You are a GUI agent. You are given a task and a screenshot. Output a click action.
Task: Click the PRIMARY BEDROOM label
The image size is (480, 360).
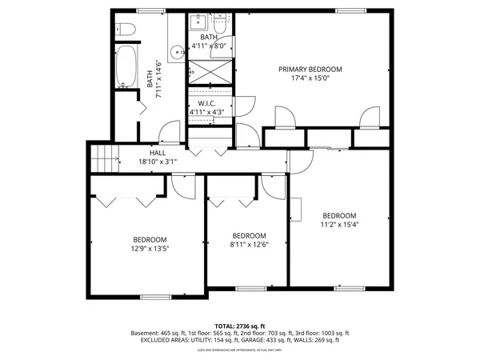click(310, 70)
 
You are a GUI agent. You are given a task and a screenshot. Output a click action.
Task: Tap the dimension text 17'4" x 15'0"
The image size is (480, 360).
click(310, 78)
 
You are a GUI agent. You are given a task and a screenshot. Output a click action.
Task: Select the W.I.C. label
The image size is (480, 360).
click(206, 104)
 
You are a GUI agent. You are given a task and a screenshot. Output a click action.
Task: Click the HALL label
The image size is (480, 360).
click(157, 152)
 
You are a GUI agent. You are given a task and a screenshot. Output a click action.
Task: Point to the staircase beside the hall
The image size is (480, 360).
click(103, 159)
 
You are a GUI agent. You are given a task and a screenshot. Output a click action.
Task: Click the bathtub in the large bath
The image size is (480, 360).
click(126, 68)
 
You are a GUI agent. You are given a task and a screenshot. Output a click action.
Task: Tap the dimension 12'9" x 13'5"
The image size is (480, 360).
click(150, 249)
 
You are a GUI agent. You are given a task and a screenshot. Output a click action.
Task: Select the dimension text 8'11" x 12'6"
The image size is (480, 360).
click(249, 245)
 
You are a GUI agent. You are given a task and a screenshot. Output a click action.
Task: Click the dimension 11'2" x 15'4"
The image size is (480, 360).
click(339, 225)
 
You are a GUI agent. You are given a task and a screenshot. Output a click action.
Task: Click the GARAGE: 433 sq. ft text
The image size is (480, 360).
click(271, 341)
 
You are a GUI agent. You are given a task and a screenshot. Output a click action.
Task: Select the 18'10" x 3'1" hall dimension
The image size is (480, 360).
click(157, 161)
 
